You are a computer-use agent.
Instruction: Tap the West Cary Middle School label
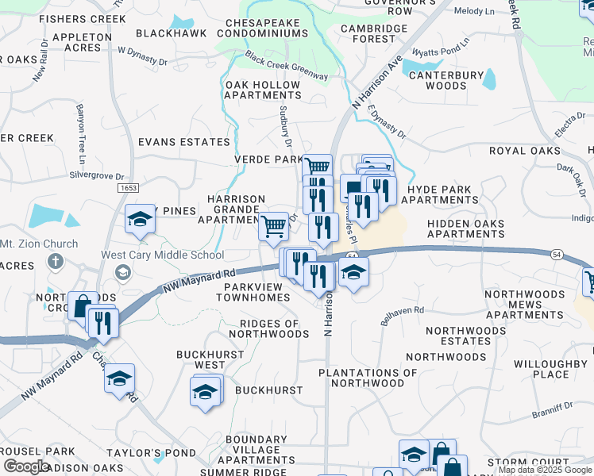coord(162,255)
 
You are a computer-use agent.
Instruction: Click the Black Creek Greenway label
coord(287,66)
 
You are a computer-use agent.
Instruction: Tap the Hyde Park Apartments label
coord(439,195)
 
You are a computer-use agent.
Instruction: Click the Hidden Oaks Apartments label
coord(465,229)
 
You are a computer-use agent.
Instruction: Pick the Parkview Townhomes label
coord(257,297)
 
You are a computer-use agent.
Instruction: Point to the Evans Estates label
coord(183,142)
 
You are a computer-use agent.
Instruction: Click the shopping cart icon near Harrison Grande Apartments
coord(274,226)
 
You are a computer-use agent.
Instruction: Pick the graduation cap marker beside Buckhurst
coord(205,392)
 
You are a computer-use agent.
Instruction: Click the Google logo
coord(26,466)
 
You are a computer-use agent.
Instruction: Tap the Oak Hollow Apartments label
coord(263,90)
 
